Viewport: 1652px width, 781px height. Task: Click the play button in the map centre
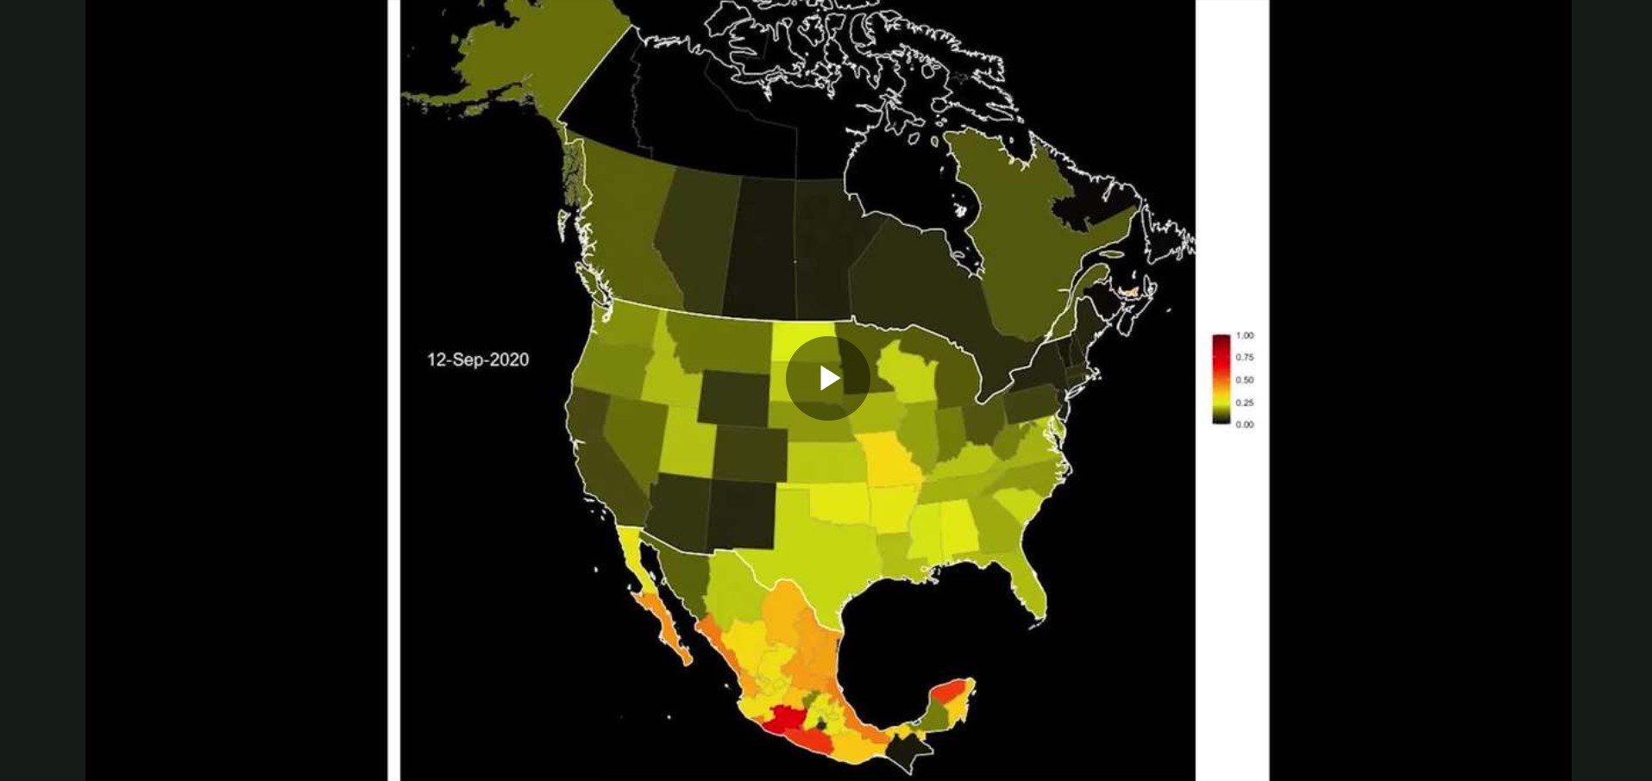(x=828, y=378)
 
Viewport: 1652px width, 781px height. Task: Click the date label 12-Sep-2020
(x=478, y=359)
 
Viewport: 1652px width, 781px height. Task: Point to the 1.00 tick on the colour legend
(x=1244, y=335)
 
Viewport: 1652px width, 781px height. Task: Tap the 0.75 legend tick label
(x=1244, y=357)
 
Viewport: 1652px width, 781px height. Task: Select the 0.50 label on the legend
(x=1244, y=379)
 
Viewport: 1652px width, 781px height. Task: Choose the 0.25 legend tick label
(x=1244, y=403)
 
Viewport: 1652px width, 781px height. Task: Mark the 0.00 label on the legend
(x=1244, y=424)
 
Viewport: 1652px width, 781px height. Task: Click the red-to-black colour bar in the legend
(x=1221, y=379)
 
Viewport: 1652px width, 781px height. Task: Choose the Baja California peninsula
(x=660, y=616)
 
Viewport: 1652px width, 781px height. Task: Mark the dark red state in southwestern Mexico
(x=785, y=718)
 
